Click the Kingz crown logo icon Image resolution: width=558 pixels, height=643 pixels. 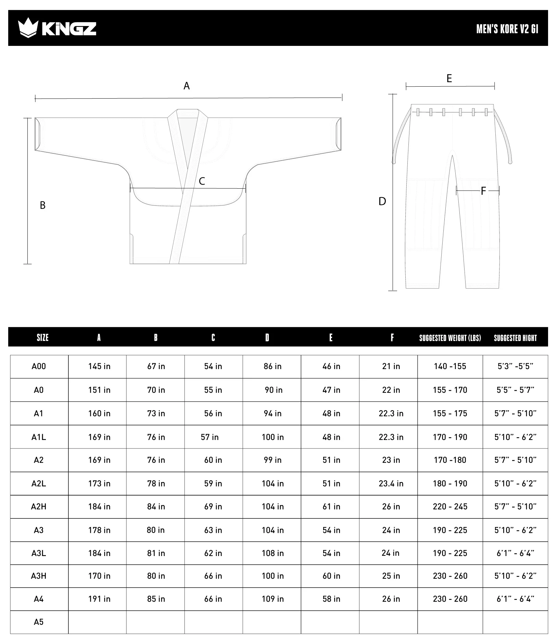coord(28,28)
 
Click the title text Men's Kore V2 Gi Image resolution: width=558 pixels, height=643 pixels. coord(507,29)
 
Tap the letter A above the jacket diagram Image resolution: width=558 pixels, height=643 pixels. coord(187,86)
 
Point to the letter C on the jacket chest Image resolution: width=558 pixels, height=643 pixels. coord(202,181)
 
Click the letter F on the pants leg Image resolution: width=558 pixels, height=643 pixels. coord(483,191)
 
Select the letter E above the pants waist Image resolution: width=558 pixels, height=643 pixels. coord(449,79)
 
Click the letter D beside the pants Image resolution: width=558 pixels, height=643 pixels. coord(382,201)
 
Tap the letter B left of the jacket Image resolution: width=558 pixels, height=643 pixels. coord(42,205)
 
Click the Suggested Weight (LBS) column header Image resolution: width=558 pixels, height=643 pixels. coord(450,338)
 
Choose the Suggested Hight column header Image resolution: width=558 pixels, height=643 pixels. coord(515,338)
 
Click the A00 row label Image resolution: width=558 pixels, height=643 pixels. coord(39,366)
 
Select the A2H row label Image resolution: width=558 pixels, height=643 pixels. coord(39,506)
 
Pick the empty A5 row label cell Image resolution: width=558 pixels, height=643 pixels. coord(39,622)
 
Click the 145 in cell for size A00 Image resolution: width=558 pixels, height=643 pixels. coord(99,366)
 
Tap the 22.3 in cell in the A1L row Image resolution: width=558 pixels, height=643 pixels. coord(391,437)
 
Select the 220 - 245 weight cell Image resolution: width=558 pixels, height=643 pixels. coord(450,506)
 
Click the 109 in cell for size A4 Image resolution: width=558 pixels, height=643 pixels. coord(272,599)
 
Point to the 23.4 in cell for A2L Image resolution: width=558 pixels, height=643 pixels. coord(391,483)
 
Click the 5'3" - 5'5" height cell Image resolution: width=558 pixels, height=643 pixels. coord(515,366)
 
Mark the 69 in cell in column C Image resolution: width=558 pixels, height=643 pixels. coord(213,506)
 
